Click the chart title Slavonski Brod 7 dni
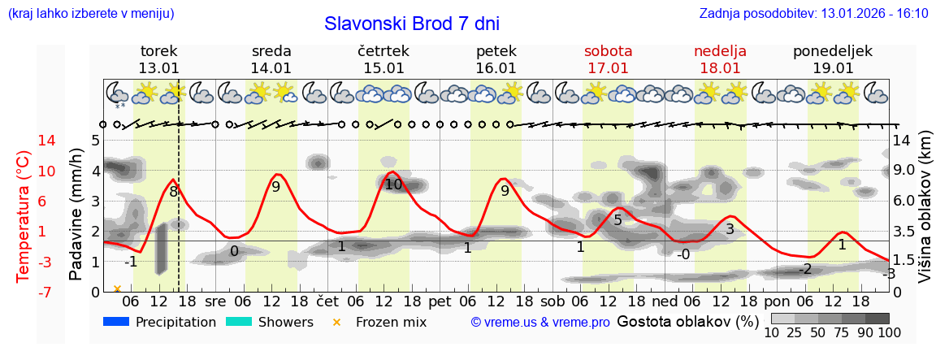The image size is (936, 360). [x=412, y=24]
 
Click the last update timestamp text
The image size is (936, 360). [x=813, y=14]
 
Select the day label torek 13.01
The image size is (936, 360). [x=158, y=59]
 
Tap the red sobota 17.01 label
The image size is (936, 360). [x=608, y=59]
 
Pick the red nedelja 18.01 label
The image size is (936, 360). [x=720, y=59]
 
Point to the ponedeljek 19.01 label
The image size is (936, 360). [x=833, y=59]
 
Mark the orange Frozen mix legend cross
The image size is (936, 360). [x=336, y=323]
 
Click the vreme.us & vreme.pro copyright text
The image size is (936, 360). [x=540, y=323]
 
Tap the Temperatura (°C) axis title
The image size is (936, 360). [x=24, y=215]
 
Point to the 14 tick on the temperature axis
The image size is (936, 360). [x=24, y=141]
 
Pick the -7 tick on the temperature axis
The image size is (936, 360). [x=24, y=292]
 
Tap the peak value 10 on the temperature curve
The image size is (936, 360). [x=393, y=184]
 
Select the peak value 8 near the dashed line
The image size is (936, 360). [x=173, y=192]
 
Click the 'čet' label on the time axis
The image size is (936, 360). [x=327, y=301]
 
